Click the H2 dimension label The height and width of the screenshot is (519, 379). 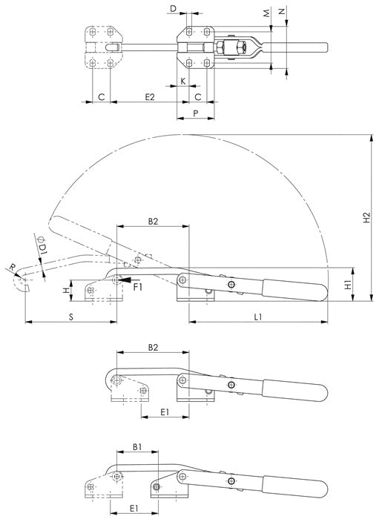[x=366, y=217]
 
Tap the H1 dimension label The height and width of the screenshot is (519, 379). [x=348, y=285]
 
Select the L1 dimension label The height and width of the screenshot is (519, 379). [x=258, y=317]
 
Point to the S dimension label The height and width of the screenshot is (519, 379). [x=71, y=317]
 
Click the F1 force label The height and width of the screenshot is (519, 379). [x=138, y=287]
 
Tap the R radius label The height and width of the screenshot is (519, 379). [x=13, y=267]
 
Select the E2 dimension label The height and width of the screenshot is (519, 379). [x=150, y=97]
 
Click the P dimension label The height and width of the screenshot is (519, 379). [x=196, y=113]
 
